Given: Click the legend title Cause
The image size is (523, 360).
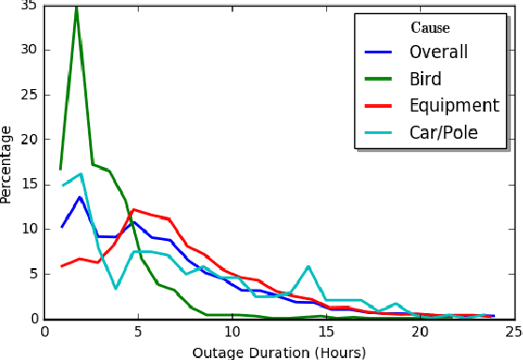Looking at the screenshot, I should click(430, 28).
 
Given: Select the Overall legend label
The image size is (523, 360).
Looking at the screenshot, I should click(444, 52).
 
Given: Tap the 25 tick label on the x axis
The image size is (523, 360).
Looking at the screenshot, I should click(513, 331).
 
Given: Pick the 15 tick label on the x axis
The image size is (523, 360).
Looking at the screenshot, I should click(325, 331).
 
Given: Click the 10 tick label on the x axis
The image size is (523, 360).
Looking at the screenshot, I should click(232, 331).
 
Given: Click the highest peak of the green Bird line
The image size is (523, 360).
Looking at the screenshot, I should click(76, 7).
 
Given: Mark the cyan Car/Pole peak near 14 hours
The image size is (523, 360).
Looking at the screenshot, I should click(308, 267).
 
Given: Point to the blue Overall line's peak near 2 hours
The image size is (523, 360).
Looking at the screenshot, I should click(81, 197).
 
